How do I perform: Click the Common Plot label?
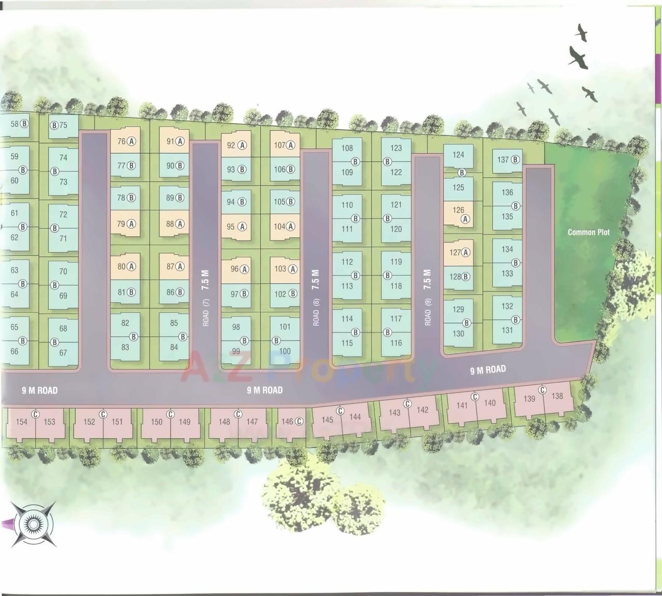(589, 232)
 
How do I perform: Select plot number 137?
(503, 160)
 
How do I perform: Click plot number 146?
(287, 422)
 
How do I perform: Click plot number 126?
(458, 210)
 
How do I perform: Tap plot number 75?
(63, 125)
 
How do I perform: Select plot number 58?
(14, 124)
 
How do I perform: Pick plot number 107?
(280, 145)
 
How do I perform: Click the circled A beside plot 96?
(245, 269)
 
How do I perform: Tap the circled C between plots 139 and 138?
(543, 390)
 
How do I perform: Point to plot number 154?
(21, 422)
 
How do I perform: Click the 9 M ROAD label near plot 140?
(488, 370)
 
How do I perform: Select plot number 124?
(458, 155)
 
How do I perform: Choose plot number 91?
(170, 141)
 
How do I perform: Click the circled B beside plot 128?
(466, 277)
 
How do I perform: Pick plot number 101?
(284, 327)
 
